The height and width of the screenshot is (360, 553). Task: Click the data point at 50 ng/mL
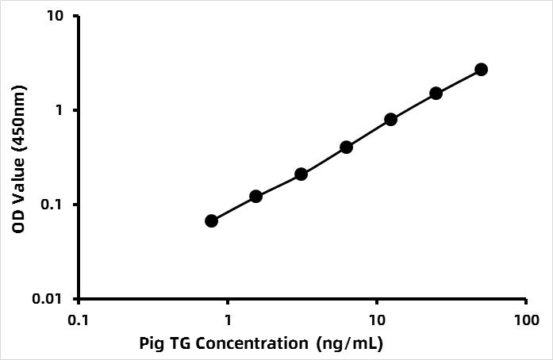[481, 70]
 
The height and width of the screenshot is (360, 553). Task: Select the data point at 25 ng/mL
[436, 93]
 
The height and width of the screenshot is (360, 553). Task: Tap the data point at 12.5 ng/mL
[390, 120]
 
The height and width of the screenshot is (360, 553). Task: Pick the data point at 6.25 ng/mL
[346, 147]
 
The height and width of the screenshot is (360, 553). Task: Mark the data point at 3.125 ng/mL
[301, 174]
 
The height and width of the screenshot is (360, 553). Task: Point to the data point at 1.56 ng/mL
[255, 196]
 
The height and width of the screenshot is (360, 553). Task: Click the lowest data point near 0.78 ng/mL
[211, 220]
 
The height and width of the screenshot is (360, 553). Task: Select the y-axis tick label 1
[62, 110]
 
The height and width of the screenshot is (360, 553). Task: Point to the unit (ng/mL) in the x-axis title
[349, 344]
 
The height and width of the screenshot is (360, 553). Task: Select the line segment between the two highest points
[459, 81]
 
